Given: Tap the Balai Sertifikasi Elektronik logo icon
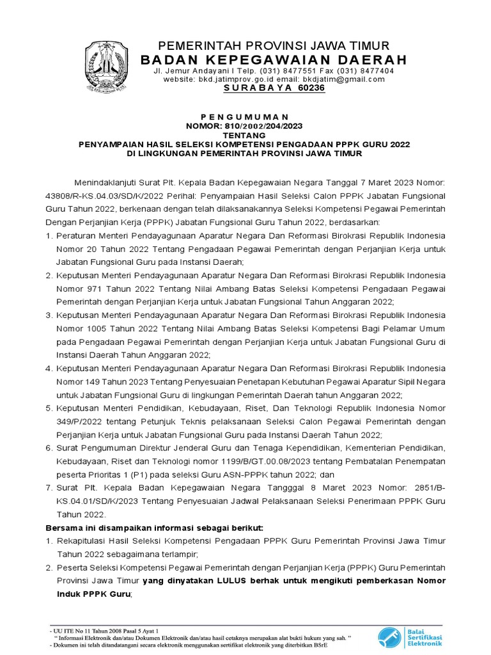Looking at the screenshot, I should coord(387,636).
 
